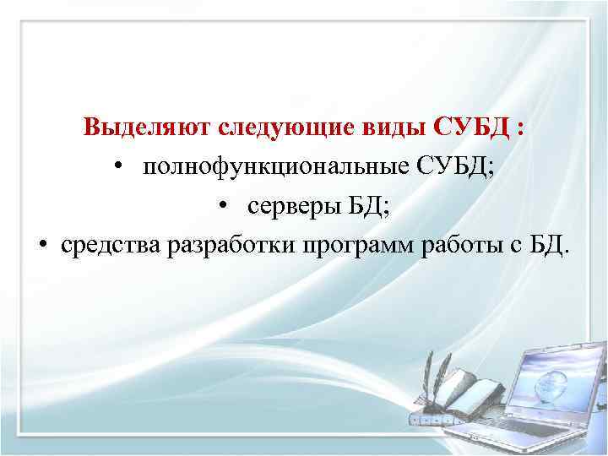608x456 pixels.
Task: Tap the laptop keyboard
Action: pos(524,430)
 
